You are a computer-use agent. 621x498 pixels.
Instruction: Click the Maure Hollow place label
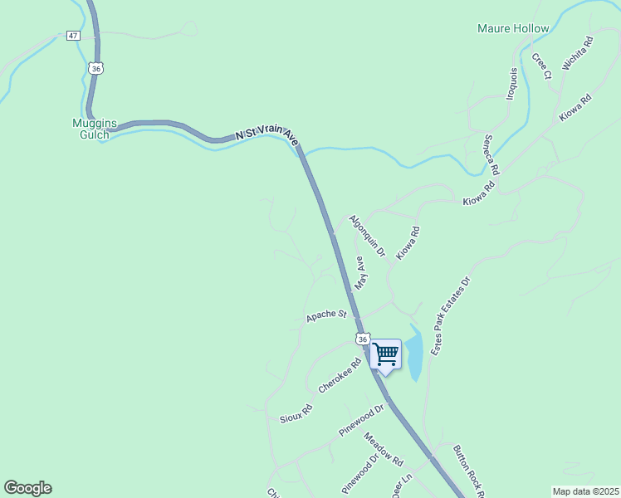click(x=513, y=28)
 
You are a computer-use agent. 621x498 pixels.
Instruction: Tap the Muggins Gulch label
click(x=90, y=129)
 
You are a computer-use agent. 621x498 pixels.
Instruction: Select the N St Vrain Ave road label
click(x=266, y=133)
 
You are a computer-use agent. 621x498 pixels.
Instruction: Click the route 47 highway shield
click(x=74, y=36)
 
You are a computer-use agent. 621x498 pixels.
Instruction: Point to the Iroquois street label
click(x=513, y=83)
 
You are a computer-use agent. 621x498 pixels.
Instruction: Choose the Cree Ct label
click(x=541, y=66)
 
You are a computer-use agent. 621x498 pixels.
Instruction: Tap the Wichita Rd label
click(x=577, y=52)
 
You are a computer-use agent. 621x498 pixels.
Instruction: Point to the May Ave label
click(x=360, y=272)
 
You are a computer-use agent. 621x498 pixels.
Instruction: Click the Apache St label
click(x=325, y=315)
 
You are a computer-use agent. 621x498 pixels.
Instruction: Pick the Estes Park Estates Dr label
click(x=450, y=316)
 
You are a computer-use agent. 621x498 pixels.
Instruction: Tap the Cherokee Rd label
click(x=340, y=375)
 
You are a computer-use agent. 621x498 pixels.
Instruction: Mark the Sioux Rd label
click(x=296, y=409)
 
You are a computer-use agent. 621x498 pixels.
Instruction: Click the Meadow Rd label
click(x=383, y=450)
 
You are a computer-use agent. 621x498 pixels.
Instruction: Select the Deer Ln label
click(x=402, y=486)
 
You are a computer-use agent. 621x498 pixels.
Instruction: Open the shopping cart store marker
click(x=385, y=354)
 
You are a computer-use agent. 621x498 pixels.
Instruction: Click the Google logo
click(x=27, y=488)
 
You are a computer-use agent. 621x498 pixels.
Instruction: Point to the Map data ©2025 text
click(x=585, y=491)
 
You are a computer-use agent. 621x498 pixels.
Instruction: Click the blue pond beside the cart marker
click(x=415, y=354)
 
